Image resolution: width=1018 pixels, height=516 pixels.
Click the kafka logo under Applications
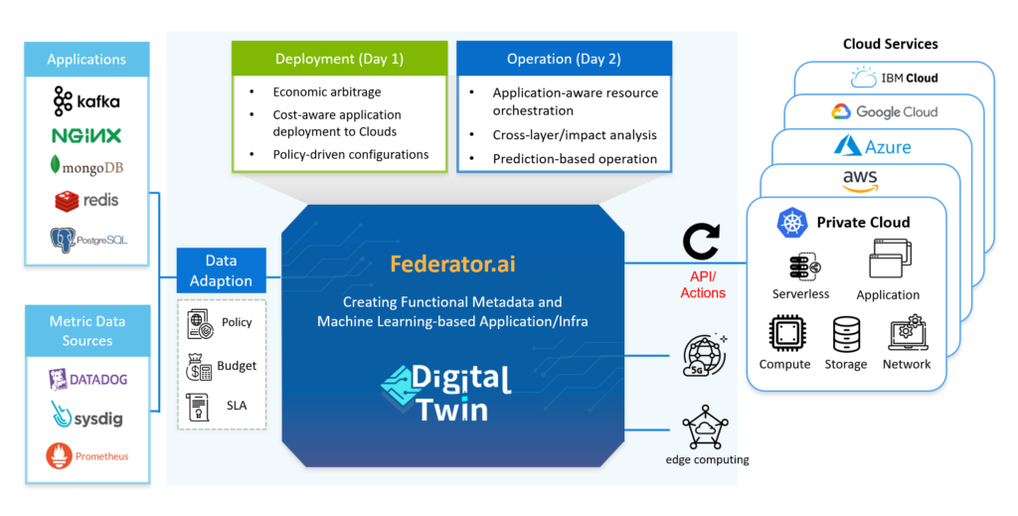pyautogui.click(x=86, y=101)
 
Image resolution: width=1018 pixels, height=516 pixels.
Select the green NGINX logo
pyautogui.click(x=86, y=135)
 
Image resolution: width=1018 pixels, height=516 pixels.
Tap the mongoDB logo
pyautogui.click(x=86, y=166)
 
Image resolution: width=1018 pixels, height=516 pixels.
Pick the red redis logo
pyautogui.click(x=86, y=201)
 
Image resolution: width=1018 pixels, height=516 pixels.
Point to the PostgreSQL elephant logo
pyautogui.click(x=88, y=241)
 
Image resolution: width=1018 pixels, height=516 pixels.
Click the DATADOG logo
pyautogui.click(x=87, y=380)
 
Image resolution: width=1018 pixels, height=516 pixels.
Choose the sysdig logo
pyautogui.click(x=87, y=416)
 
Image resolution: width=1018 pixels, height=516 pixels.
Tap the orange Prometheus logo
pyautogui.click(x=87, y=456)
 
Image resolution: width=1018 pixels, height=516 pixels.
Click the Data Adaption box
pyautogui.click(x=221, y=270)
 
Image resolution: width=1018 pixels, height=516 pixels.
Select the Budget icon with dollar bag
pyautogui.click(x=199, y=367)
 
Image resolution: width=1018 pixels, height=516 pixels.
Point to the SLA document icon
pyautogui.click(x=198, y=407)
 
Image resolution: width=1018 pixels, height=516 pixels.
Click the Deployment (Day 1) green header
pyautogui.click(x=340, y=59)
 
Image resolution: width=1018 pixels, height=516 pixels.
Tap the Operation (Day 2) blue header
pyautogui.click(x=565, y=59)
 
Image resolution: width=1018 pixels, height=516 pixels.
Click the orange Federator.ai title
pyautogui.click(x=452, y=263)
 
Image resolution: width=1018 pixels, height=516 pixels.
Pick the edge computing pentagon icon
pyautogui.click(x=705, y=428)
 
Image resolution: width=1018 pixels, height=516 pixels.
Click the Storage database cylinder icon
pyautogui.click(x=847, y=334)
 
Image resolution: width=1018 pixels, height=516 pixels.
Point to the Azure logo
pyautogui.click(x=873, y=147)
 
